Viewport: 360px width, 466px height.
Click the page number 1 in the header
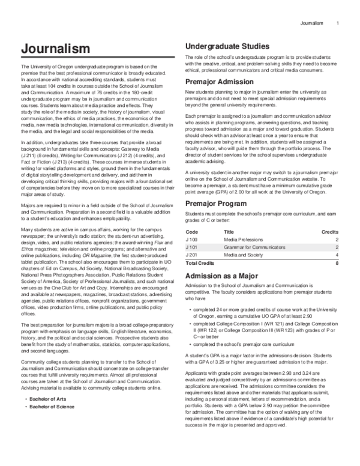point(338,23)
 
